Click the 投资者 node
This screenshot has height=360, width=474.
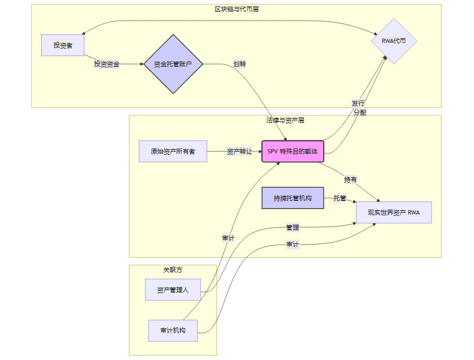[62, 45]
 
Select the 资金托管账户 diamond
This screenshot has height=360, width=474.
[173, 64]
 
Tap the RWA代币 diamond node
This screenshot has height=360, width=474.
[394, 41]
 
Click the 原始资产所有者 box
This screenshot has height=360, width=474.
[173, 152]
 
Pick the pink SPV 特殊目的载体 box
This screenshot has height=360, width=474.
[293, 152]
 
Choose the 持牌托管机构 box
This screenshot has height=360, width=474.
[293, 198]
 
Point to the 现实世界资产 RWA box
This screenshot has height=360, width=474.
[393, 213]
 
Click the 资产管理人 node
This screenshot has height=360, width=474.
[173, 290]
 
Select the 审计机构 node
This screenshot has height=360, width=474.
[173, 330]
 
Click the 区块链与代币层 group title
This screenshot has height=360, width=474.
[236, 9]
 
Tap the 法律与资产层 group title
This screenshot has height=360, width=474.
[285, 120]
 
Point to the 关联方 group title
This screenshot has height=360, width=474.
[173, 270]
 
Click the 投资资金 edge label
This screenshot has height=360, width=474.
[107, 64]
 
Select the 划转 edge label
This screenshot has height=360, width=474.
[239, 64]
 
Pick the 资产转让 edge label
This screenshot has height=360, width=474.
[239, 152]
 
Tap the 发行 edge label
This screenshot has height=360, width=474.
[358, 103]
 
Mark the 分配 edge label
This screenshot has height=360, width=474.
[360, 113]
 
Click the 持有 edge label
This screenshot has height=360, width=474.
[351, 180]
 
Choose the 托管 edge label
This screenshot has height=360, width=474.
[340, 198]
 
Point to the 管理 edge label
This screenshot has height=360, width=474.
[293, 228]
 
